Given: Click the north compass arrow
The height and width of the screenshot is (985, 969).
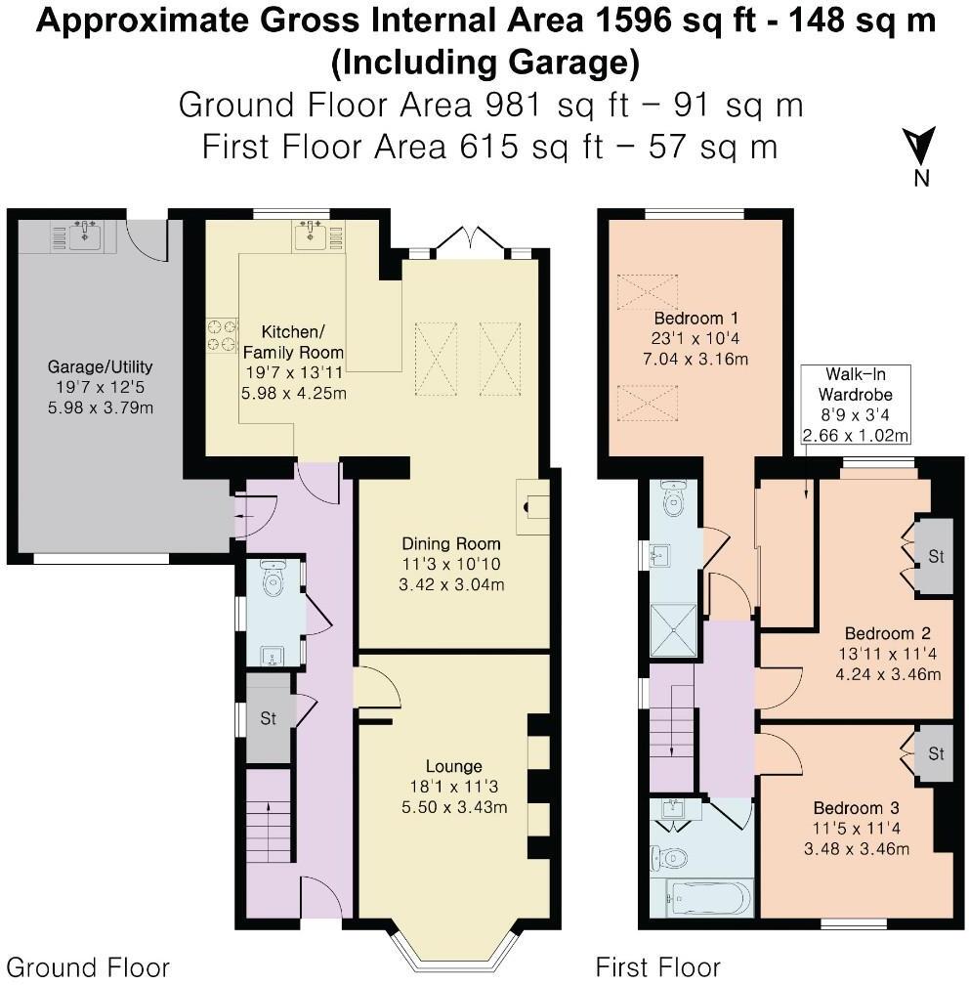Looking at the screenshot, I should pyautogui.click(x=920, y=148).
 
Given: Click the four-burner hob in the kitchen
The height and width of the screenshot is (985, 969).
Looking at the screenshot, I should pyautogui.click(x=222, y=335).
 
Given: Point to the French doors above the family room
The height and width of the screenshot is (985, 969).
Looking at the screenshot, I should pyautogui.click(x=470, y=240).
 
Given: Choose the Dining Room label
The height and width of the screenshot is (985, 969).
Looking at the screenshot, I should pyautogui.click(x=451, y=543).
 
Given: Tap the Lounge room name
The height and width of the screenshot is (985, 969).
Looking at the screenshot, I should pyautogui.click(x=453, y=765).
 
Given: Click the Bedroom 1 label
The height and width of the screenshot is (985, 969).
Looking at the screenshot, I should pyautogui.click(x=695, y=319).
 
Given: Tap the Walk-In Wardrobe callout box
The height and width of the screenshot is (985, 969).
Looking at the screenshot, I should pyautogui.click(x=856, y=404).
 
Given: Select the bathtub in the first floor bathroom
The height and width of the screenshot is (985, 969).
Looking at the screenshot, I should pyautogui.click(x=708, y=894).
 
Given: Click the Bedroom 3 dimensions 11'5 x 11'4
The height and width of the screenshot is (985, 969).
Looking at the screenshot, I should pyautogui.click(x=856, y=829).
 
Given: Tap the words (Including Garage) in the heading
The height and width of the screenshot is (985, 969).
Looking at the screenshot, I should pyautogui.click(x=484, y=63).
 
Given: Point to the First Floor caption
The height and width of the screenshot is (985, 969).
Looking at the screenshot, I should pyautogui.click(x=657, y=967).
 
